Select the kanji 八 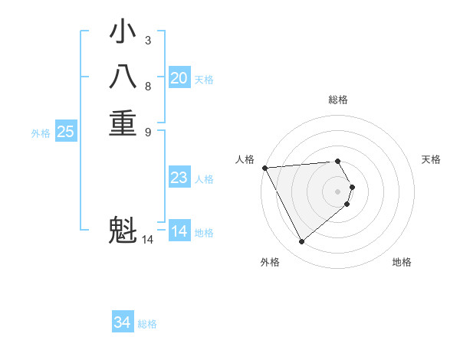123,78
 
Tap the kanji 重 123,123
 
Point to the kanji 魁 123,231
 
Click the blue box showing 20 179,78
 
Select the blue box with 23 179,178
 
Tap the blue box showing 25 66,132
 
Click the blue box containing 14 179,231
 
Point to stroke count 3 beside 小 147,40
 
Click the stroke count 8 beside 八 147,86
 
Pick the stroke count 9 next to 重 147,131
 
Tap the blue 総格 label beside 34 147,324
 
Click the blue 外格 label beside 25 41,133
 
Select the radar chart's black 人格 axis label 245,159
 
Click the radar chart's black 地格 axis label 402,262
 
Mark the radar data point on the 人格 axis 264,168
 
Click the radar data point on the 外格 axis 301,242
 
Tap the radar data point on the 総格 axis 337,161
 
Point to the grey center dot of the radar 337,191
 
